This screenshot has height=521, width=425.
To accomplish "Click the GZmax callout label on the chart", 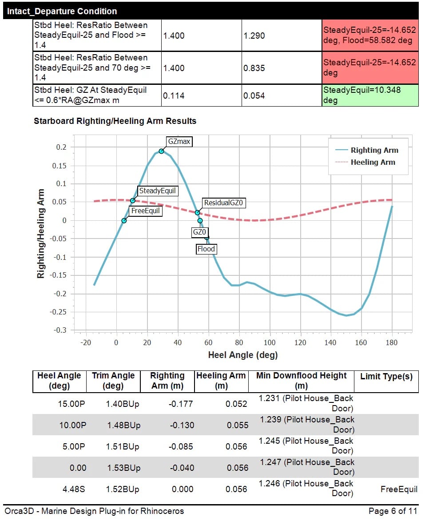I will (x=179, y=142).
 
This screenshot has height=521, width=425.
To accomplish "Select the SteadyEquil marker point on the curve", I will (x=133, y=201).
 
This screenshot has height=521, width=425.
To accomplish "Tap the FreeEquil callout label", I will (x=145, y=211).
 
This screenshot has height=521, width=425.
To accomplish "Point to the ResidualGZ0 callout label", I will (x=224, y=203).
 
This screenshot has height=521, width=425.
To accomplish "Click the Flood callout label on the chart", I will (x=206, y=249).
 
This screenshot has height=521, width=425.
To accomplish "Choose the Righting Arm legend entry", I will (x=374, y=150).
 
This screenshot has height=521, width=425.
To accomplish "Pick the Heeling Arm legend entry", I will (x=373, y=162).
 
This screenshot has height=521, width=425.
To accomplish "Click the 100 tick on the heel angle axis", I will (x=270, y=343).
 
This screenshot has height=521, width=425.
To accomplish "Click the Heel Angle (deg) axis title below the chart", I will (x=242, y=355).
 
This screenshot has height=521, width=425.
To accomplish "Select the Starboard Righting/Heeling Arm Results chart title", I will (x=115, y=121).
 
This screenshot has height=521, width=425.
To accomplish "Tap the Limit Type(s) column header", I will (x=386, y=377).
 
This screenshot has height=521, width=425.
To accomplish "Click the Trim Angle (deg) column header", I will (x=113, y=381).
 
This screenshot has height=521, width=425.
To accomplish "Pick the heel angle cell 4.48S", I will (x=72, y=489).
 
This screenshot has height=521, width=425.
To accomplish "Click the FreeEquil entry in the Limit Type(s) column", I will (x=399, y=489).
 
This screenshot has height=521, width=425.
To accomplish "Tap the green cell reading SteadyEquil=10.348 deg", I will (x=370, y=95).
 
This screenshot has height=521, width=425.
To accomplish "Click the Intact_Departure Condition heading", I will (x=62, y=11).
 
